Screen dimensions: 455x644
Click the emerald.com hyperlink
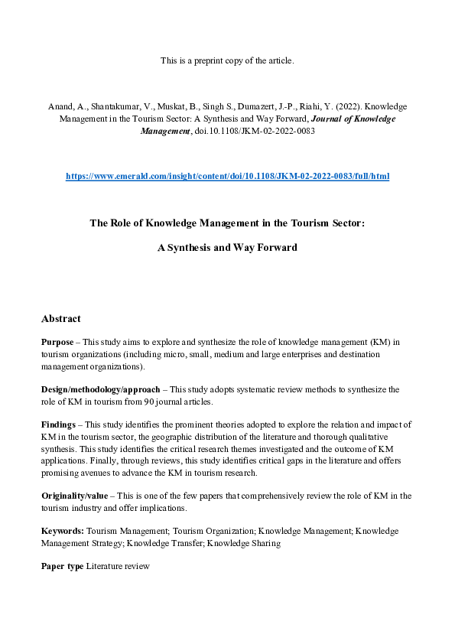pyautogui.click(x=227, y=176)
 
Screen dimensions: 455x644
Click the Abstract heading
pyautogui.click(x=61, y=318)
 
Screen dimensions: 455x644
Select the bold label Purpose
pyautogui.click(x=57, y=342)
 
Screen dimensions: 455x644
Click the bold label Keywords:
pyautogui.click(x=63, y=530)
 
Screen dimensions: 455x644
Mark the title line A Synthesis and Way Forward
pyautogui.click(x=227, y=248)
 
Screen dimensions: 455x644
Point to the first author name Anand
pyautogui.click(x=61, y=108)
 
